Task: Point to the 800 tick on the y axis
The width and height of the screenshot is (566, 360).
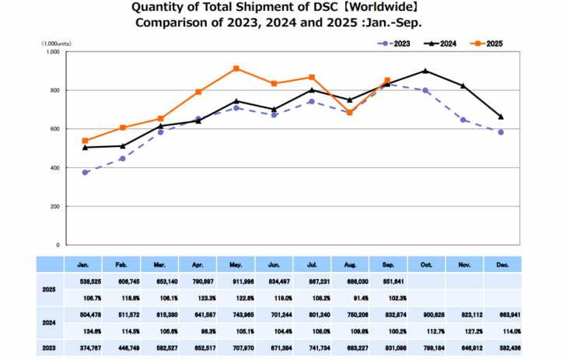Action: pos(54,90)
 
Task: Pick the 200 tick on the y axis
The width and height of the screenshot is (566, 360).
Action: pos(54,206)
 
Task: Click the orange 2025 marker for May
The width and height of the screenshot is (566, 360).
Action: pos(236,68)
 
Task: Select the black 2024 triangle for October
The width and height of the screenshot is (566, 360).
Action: pos(425,71)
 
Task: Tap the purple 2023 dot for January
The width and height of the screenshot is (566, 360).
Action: pos(85,173)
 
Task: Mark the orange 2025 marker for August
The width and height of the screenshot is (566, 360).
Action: pos(350,113)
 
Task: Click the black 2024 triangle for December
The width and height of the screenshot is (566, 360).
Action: pos(501,117)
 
